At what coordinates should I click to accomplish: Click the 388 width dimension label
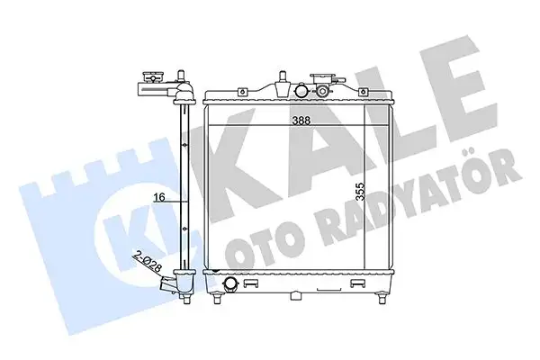(x=301, y=121)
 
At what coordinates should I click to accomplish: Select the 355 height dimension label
(x=360, y=192)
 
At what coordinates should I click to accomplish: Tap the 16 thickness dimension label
(x=159, y=197)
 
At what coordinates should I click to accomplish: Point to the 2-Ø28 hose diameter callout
(x=148, y=263)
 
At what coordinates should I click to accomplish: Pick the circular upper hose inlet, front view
(x=301, y=91)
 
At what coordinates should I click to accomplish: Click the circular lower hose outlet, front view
(x=230, y=284)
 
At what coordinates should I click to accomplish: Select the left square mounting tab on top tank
(x=243, y=92)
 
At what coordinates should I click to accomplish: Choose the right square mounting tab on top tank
(x=363, y=92)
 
